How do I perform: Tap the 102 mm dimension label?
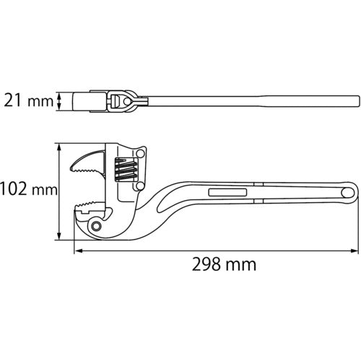(28, 190)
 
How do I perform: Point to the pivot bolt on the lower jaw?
(97, 228)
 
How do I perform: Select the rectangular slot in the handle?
(228, 193)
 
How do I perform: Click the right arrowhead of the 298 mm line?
(355, 251)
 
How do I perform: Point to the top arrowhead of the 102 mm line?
(58, 145)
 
